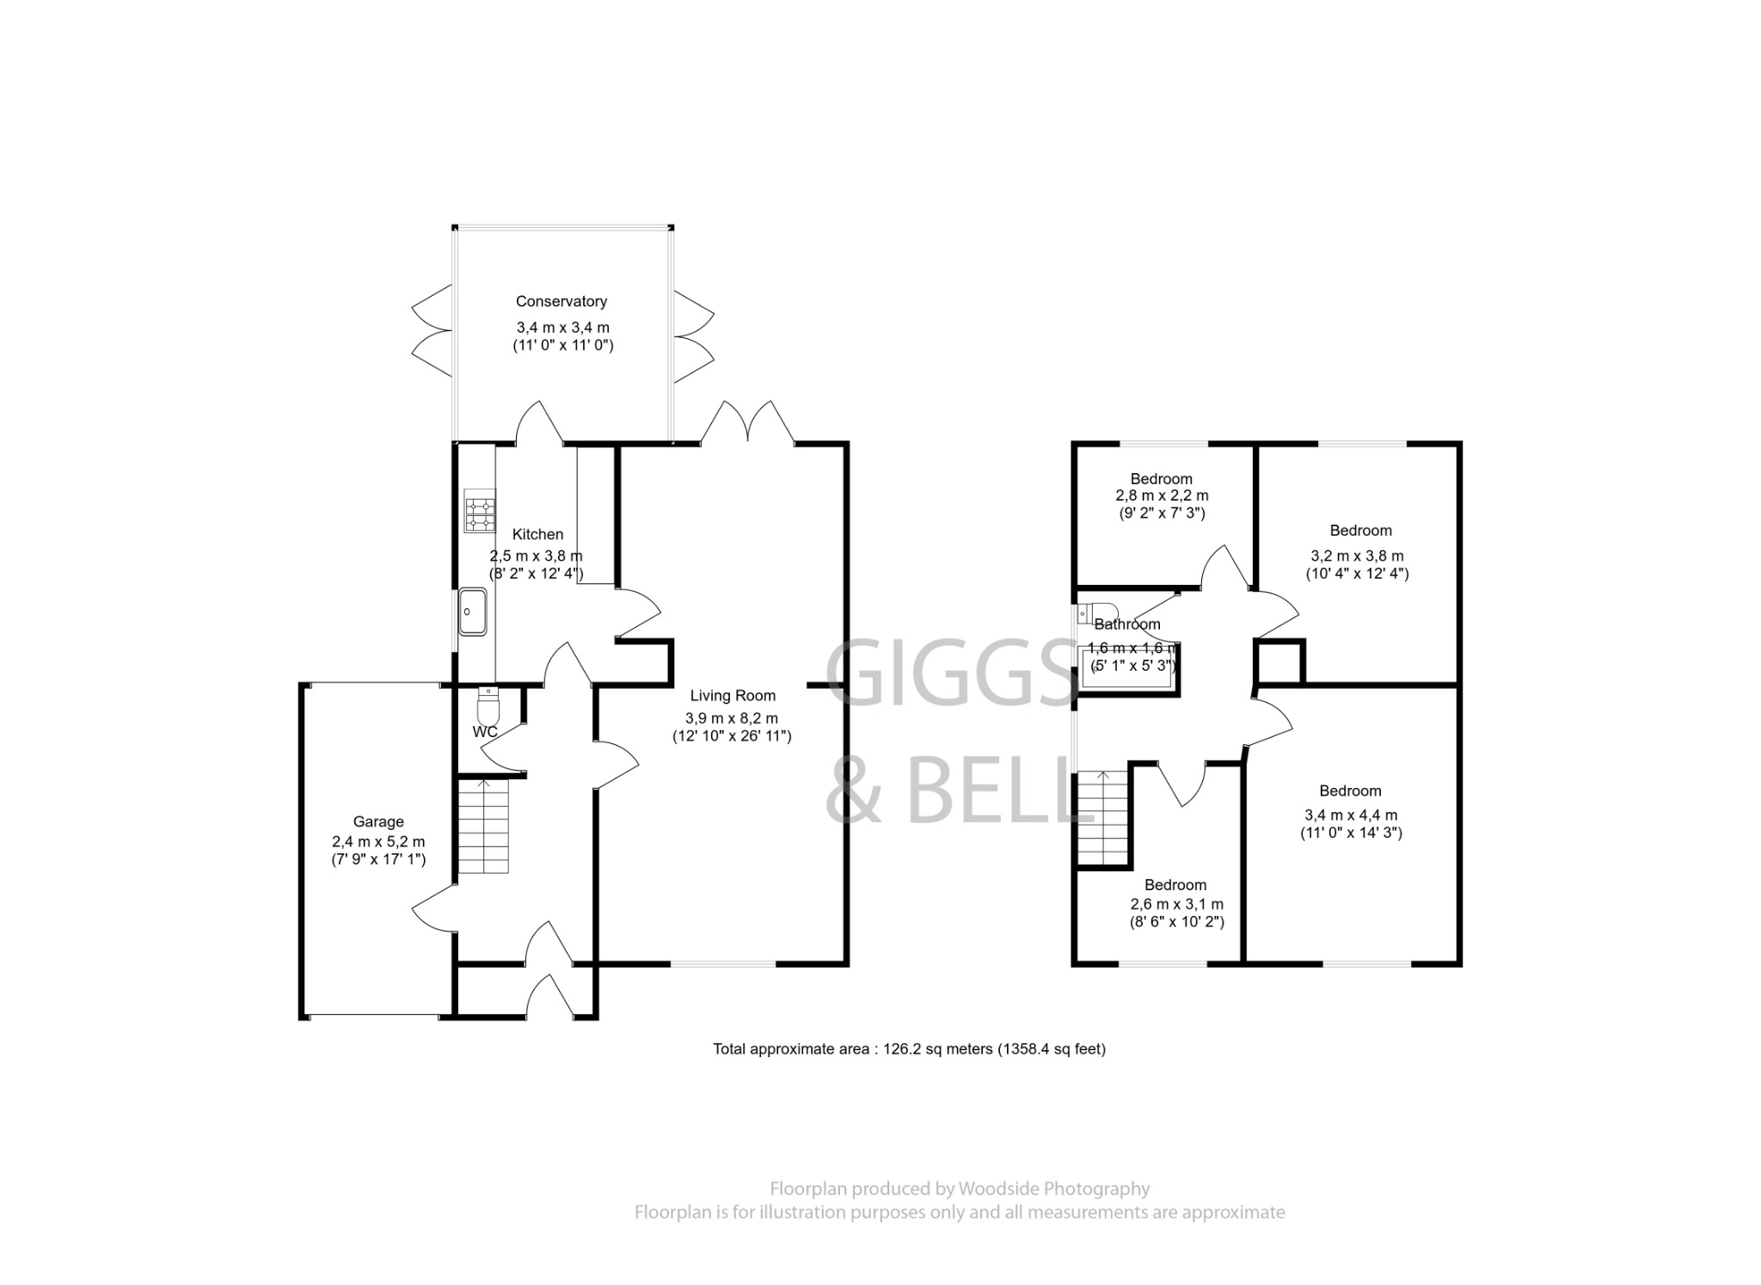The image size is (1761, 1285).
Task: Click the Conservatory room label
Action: point(561,301)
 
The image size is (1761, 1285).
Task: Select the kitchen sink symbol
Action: point(472,612)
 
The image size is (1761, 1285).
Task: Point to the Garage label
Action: point(377,821)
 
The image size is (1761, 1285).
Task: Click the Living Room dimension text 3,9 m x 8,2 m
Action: point(731,718)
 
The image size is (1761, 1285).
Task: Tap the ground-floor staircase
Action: point(482,825)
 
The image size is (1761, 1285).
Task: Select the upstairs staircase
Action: point(1102,817)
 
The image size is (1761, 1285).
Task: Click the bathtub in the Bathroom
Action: point(1126,667)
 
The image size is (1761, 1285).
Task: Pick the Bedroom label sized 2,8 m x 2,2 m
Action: point(1161,479)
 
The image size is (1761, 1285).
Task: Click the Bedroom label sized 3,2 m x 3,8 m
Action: point(1360,531)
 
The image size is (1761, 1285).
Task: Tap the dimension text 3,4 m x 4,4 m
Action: point(1350,815)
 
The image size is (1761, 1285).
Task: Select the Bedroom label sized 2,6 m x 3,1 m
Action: point(1175,885)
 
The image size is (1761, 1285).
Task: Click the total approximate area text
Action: point(909,1048)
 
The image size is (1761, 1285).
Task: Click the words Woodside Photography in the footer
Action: point(1053,1189)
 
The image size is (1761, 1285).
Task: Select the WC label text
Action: point(485,732)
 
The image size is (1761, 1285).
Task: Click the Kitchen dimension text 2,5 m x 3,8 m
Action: point(537,556)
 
